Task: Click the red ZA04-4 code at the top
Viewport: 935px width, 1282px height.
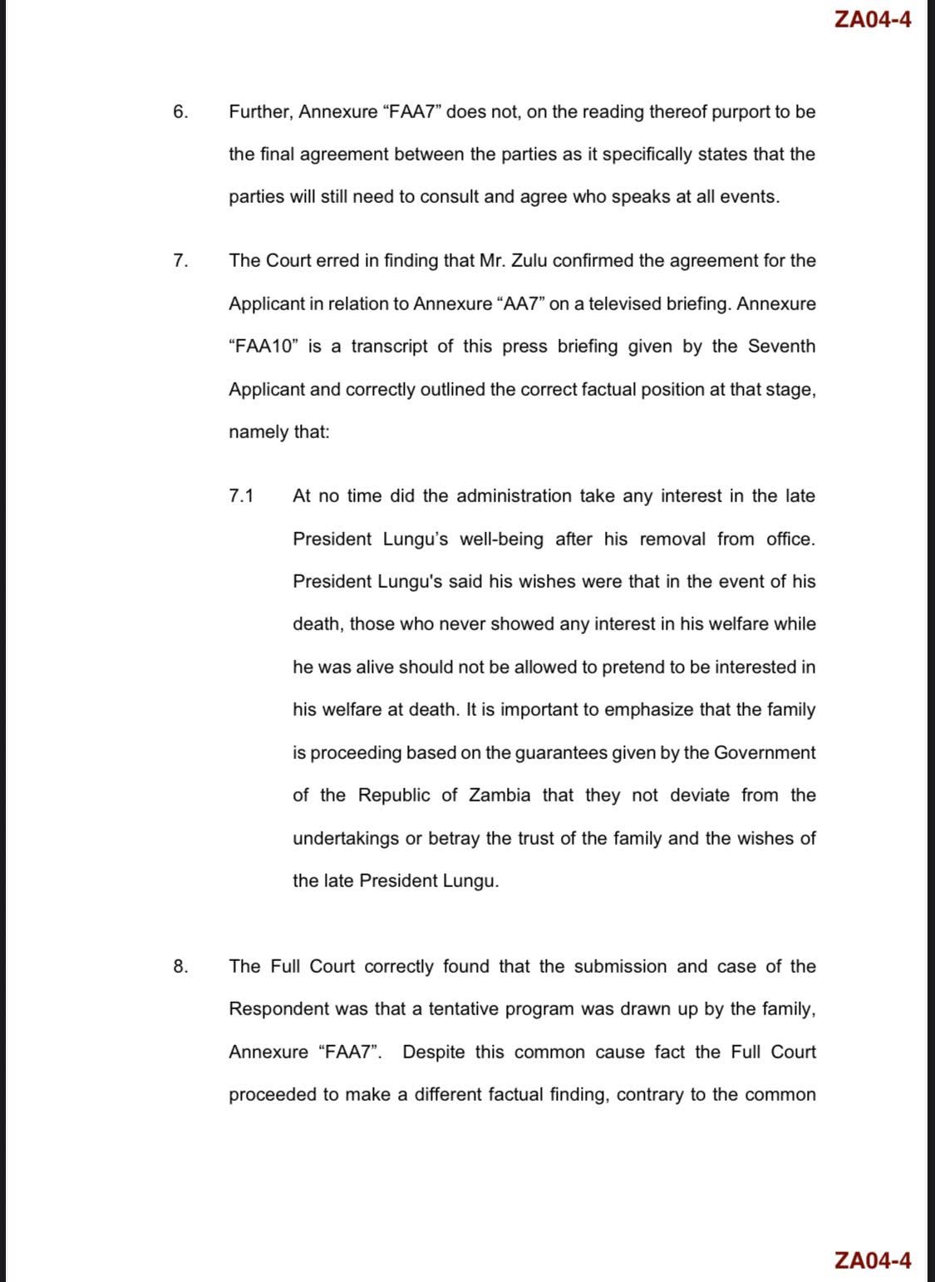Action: coord(872,20)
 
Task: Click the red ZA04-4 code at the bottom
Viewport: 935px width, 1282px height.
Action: coord(872,1260)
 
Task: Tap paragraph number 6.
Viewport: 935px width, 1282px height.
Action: coord(180,111)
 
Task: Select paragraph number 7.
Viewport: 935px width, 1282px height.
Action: coord(180,260)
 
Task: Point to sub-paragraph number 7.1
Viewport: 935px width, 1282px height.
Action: coord(241,496)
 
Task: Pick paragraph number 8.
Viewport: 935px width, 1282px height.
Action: coord(180,966)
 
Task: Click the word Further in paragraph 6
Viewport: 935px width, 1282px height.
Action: coord(258,111)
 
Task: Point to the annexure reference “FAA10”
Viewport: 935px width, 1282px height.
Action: coord(263,347)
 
